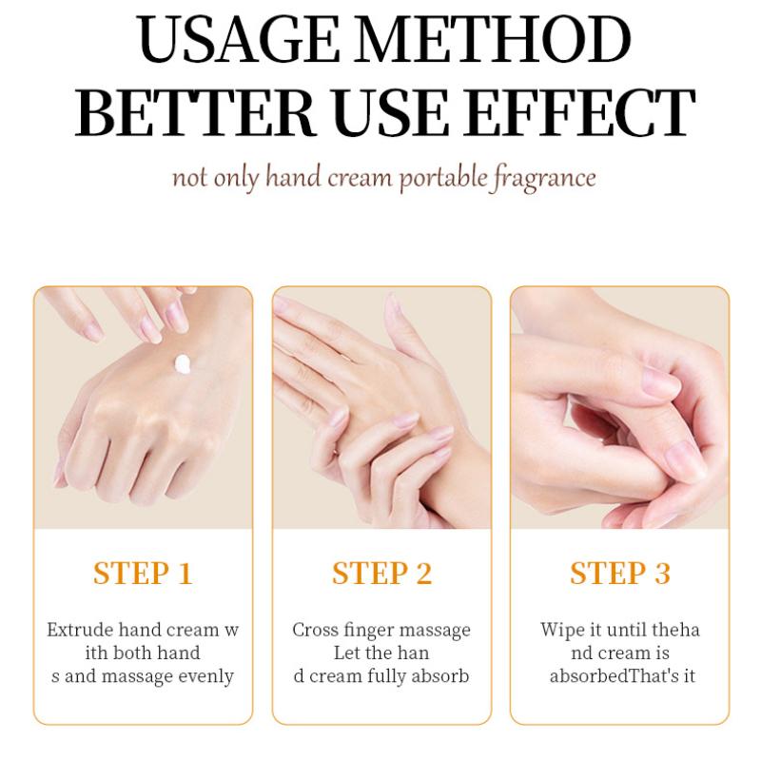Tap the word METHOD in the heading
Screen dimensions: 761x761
point(492,39)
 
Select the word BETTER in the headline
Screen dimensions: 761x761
point(195,112)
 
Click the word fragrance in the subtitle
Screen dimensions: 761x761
point(543,178)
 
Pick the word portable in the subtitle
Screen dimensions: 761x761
point(443,177)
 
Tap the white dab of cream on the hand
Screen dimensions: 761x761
point(183,364)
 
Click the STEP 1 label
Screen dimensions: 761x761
point(144,574)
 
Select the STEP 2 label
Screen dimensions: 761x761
point(381,574)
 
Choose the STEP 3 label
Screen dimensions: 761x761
point(620,574)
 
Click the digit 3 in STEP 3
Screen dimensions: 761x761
point(662,574)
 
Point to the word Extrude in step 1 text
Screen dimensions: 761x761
point(80,630)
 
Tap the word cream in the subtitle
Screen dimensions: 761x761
point(360,178)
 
